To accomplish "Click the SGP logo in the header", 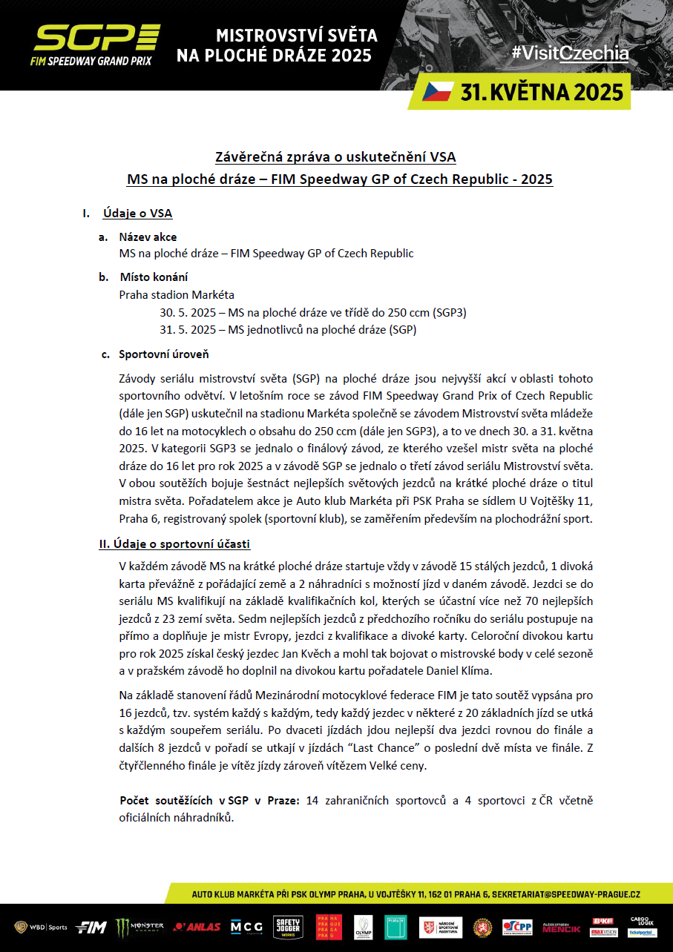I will point(96,44).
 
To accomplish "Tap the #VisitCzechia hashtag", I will point(569,53).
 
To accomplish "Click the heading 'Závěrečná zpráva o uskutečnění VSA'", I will point(335,156).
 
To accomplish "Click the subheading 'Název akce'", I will point(148,237).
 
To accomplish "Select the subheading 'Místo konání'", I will point(154,277).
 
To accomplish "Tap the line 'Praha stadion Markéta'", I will point(177,294).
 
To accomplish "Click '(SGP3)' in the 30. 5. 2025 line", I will point(450,312).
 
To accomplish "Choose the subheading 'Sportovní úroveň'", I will point(163,354).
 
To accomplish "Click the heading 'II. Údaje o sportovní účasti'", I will point(174,543).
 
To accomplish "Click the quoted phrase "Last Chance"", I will point(395,750).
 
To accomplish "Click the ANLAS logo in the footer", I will point(197,927).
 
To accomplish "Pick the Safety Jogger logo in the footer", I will point(289,927).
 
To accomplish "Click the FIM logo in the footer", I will point(92,927).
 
